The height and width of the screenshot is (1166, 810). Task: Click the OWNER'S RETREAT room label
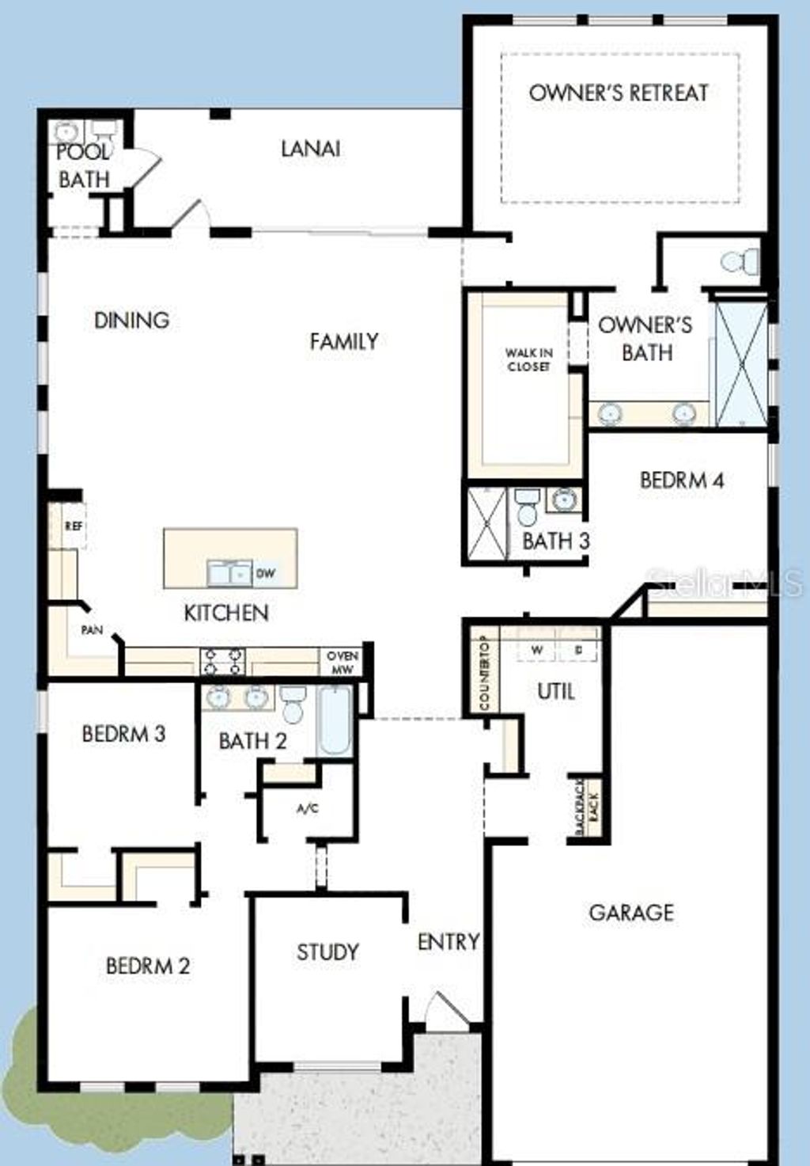coord(618,93)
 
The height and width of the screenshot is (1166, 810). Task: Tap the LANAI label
coord(311,149)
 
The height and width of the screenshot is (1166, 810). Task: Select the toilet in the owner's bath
coord(740,260)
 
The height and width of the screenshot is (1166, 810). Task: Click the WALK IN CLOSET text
coord(529,360)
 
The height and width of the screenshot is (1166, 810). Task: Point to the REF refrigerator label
coord(74,526)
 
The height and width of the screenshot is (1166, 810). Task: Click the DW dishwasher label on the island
coord(266,573)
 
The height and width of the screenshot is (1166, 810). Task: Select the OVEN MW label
coord(343,663)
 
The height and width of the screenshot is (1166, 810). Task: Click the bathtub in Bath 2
coord(335,721)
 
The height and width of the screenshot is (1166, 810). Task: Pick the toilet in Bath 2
coord(293,703)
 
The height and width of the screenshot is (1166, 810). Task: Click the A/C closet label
coord(308,809)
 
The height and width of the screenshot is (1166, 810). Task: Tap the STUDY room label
coord(327,951)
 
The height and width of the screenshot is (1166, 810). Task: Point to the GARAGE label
coord(631,913)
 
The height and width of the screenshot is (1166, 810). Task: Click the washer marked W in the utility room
coord(537,650)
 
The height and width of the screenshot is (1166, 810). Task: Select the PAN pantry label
coord(92,631)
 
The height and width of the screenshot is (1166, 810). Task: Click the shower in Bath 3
coord(486,524)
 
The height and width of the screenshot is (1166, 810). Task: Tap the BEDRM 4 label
coord(682,480)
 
